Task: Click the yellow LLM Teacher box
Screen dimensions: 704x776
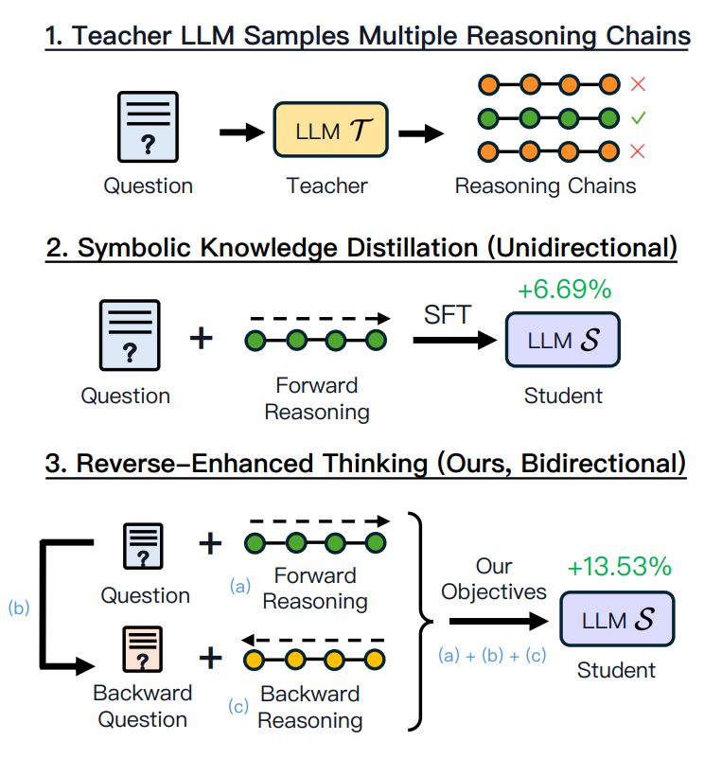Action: (x=330, y=130)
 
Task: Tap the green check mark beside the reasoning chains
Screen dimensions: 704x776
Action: (x=638, y=117)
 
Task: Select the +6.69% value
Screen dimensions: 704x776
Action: (x=565, y=289)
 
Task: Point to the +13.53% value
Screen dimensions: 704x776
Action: (x=620, y=566)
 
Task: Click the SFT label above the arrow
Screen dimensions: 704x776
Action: (x=448, y=315)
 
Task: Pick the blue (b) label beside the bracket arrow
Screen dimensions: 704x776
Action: (x=19, y=608)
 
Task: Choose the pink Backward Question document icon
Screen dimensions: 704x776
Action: (x=143, y=649)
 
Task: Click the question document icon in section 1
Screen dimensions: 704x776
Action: (x=148, y=127)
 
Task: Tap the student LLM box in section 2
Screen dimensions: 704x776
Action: (x=562, y=340)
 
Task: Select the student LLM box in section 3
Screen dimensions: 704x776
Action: (x=617, y=619)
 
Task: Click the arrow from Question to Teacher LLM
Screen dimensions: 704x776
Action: (x=242, y=132)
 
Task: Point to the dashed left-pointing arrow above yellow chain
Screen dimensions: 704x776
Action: (x=312, y=641)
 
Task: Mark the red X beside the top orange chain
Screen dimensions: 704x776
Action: (x=638, y=84)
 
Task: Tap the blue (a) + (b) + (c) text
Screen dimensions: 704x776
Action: (x=492, y=655)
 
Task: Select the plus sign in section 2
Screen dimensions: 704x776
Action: (x=202, y=339)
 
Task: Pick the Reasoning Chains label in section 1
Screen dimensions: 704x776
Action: (x=545, y=186)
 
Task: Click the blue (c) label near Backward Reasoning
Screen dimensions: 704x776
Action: (x=238, y=706)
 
